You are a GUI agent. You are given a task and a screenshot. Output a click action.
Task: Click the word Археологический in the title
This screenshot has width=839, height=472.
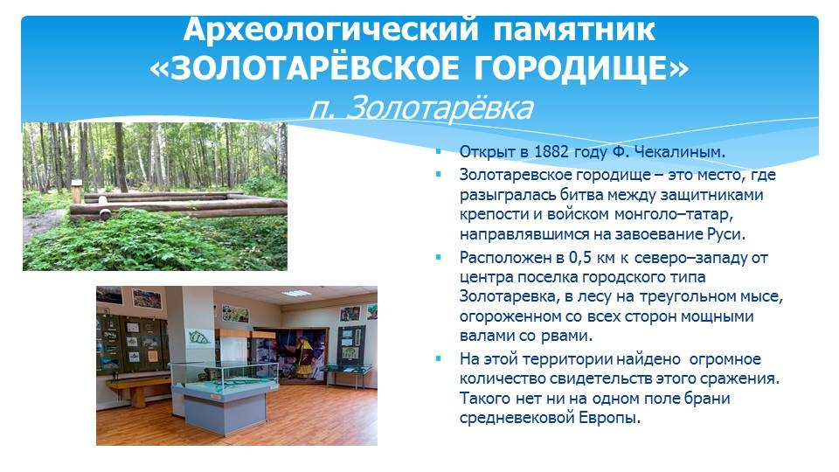pyautogui.click(x=330, y=30)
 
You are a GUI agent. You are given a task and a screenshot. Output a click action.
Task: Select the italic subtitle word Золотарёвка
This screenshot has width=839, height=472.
pyautogui.click(x=440, y=108)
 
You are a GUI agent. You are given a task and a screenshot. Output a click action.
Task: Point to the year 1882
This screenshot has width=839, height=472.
pyautogui.click(x=551, y=151)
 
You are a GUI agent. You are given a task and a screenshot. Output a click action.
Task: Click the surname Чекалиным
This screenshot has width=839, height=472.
pyautogui.click(x=680, y=151)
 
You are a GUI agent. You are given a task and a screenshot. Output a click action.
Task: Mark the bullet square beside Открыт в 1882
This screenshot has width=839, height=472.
pyautogui.click(x=439, y=151)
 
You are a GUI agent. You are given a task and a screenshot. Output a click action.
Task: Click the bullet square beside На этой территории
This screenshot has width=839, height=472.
pyautogui.click(x=439, y=358)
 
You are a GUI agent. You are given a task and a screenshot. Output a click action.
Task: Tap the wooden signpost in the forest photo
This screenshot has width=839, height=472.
pyautogui.click(x=77, y=191)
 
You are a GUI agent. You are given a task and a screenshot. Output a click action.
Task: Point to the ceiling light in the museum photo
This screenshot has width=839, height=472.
pyautogui.click(x=296, y=294)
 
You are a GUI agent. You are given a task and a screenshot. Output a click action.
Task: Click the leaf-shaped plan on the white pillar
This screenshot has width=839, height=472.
pyautogui.click(x=198, y=337)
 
